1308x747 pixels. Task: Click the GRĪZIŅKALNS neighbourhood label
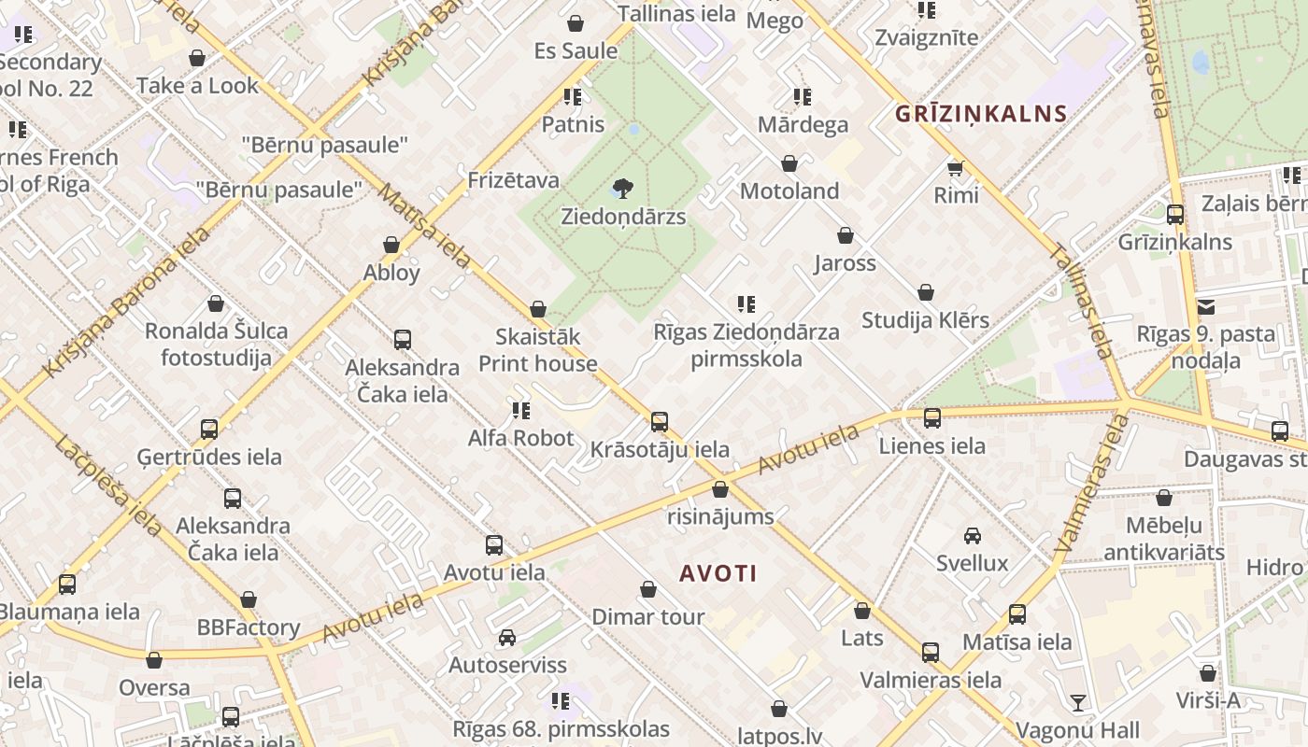click(981, 114)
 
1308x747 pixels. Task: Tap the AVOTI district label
click(718, 573)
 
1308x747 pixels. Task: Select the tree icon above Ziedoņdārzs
click(623, 189)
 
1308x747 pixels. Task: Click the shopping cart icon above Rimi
click(955, 168)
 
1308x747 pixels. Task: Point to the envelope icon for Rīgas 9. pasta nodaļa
click(1206, 306)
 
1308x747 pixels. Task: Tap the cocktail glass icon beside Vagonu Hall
click(1078, 703)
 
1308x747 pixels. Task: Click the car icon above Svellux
click(973, 536)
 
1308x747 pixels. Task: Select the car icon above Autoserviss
click(507, 638)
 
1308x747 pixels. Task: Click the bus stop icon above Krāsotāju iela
click(660, 422)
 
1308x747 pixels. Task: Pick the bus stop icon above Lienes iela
click(932, 418)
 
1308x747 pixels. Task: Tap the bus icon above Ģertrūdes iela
click(209, 430)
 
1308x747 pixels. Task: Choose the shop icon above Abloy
click(391, 245)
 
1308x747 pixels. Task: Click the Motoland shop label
click(789, 191)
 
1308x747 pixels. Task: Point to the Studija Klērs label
click(925, 320)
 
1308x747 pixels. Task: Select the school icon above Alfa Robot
click(521, 410)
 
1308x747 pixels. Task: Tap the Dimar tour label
click(648, 617)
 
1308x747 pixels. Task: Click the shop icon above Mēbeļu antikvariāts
click(1164, 499)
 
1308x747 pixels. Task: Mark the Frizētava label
click(513, 180)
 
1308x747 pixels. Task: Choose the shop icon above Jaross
click(846, 235)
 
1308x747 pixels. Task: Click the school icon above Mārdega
click(803, 97)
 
